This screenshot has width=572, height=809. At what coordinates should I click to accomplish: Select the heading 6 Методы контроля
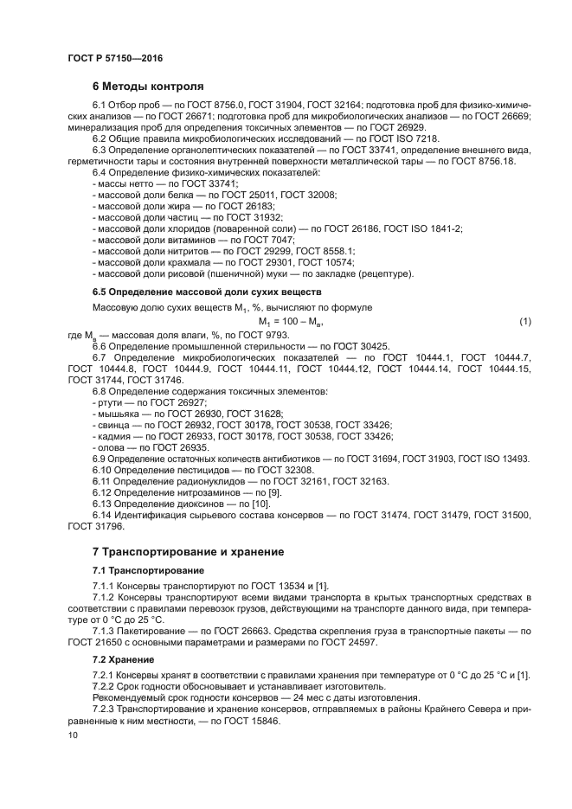[x=148, y=87]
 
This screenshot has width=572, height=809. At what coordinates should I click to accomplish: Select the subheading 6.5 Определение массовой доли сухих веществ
[x=207, y=292]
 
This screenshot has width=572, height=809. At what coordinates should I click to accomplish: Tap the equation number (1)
[x=524, y=322]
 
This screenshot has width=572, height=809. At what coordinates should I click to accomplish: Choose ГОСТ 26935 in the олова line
[x=180, y=446]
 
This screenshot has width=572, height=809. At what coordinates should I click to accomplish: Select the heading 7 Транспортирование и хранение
[x=188, y=551]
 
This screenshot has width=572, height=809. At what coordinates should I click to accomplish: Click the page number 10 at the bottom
[x=73, y=735]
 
